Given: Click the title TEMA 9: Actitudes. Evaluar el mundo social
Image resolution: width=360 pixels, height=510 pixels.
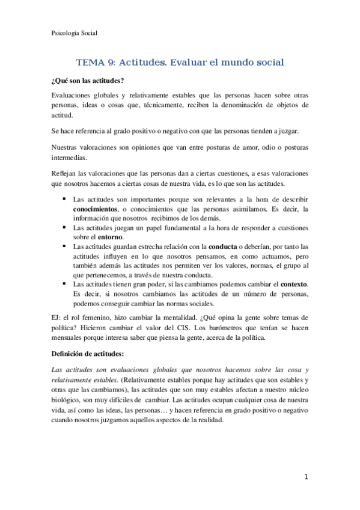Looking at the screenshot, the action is click(180, 62).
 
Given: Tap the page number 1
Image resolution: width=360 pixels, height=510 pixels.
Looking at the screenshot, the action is click(306, 477).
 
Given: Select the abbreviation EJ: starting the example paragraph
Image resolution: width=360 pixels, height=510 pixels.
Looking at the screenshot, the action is click(58, 318).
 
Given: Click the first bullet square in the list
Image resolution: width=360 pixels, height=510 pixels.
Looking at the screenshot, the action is click(63, 198).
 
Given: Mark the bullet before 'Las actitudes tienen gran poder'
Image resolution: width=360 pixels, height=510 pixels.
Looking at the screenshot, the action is click(63, 283).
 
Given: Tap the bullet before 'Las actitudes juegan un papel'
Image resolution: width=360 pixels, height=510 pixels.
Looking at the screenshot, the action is click(63, 227).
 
